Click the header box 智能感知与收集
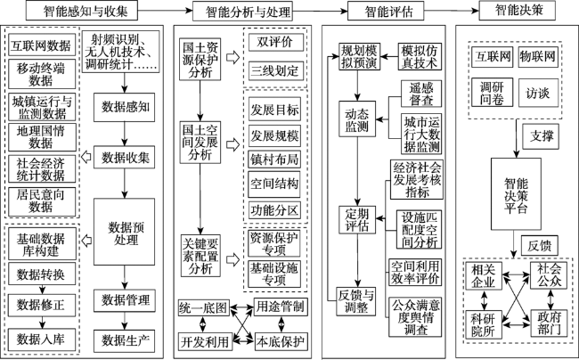(82, 11)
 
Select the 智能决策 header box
(517, 11)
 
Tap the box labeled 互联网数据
(42, 45)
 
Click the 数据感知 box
(124, 107)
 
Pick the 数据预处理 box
(124, 232)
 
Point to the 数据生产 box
(124, 340)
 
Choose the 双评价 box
(276, 42)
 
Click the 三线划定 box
(276, 70)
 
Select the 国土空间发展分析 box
(200, 143)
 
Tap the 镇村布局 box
(274, 160)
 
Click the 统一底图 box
(203, 307)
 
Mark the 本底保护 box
(281, 341)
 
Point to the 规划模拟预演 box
(359, 56)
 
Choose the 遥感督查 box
(421, 94)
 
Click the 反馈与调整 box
(356, 301)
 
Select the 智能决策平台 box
(516, 194)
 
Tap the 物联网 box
(538, 56)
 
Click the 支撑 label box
(541, 136)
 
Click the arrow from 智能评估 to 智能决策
(451, 11)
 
